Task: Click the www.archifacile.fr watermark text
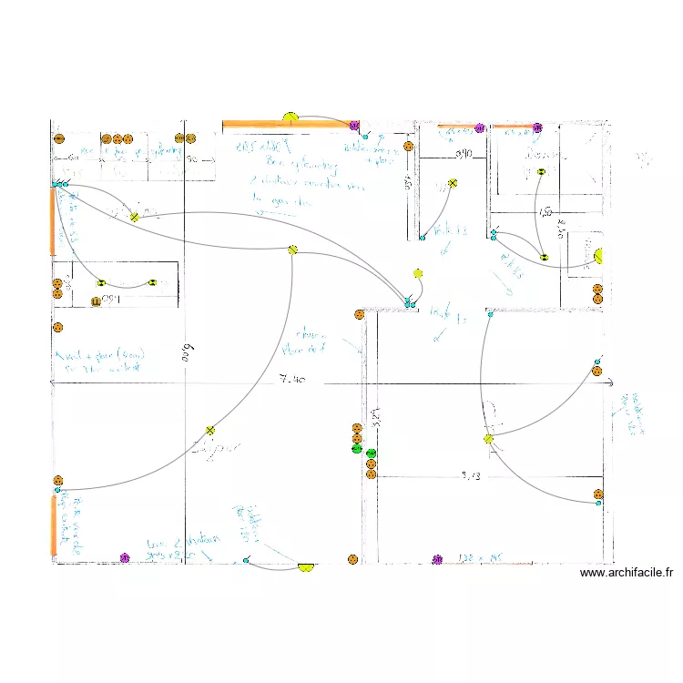626,573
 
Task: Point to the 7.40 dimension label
293,377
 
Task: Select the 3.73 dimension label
470,474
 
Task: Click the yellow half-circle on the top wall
291,117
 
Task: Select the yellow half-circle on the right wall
598,258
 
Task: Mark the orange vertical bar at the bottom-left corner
53,526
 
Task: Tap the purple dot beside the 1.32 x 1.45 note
437,559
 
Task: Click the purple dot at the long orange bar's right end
354,125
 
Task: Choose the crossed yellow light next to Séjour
210,431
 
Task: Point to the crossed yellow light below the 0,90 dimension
453,184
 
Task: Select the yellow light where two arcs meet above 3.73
488,439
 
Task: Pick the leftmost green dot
356,448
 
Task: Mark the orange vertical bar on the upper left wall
53,220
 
